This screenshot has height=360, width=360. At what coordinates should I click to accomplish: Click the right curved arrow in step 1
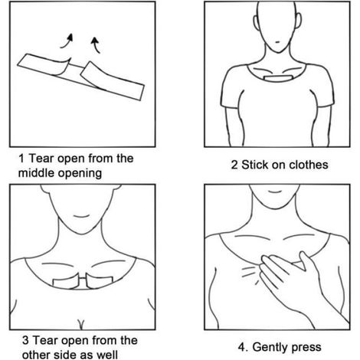point(96,44)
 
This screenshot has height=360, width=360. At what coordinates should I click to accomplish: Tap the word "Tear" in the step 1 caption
point(41,159)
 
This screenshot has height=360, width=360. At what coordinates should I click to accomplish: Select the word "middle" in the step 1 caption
point(36,173)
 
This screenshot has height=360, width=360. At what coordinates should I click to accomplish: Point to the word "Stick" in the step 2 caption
point(254,165)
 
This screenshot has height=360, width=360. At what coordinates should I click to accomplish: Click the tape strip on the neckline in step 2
point(278,78)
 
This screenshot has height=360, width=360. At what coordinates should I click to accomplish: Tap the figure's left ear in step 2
point(256,22)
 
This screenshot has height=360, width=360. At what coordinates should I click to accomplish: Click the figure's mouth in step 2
point(277,42)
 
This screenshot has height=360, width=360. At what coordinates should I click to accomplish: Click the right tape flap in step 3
point(100,281)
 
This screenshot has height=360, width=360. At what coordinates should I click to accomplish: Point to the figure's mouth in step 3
point(81,217)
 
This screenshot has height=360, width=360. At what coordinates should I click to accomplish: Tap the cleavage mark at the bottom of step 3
point(81,324)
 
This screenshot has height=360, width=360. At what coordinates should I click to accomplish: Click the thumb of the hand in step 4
point(306,261)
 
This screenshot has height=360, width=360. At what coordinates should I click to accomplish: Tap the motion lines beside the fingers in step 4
point(250,274)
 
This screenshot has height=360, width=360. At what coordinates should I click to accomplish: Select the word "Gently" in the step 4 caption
point(270,348)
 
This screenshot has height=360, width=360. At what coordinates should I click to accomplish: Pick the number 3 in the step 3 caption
point(25,341)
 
